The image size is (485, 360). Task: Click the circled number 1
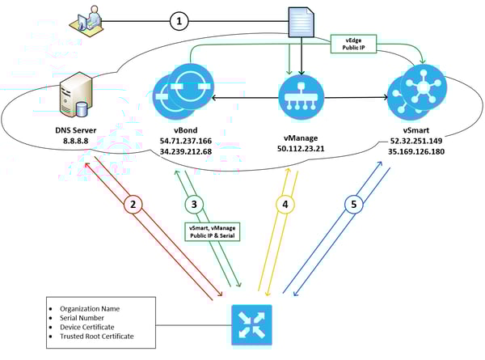pyautogui.click(x=179, y=21)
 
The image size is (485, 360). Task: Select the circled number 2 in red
pyautogui.click(x=133, y=205)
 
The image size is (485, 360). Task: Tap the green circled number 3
pyautogui.click(x=194, y=205)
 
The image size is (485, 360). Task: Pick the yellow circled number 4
pyautogui.click(x=285, y=205)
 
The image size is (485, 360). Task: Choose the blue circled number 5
pyautogui.click(x=354, y=205)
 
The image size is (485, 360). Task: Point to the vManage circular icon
pyautogui.click(x=302, y=97)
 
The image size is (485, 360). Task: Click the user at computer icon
pyautogui.click(x=86, y=22)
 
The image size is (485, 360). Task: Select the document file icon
pyautogui.click(x=302, y=23)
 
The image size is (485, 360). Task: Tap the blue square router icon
pyautogui.click(x=251, y=324)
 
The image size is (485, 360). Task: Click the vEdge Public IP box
pyautogui.click(x=353, y=44)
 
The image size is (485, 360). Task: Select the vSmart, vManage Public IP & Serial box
pyautogui.click(x=212, y=232)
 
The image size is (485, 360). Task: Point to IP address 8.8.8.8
pyautogui.click(x=76, y=141)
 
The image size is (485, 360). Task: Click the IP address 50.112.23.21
pyautogui.click(x=301, y=149)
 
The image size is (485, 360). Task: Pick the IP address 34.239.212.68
pyautogui.click(x=186, y=152)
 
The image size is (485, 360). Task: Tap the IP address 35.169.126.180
pyautogui.click(x=416, y=151)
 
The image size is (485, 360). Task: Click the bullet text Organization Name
pyautogui.click(x=90, y=308)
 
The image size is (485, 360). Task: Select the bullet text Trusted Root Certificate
pyautogui.click(x=97, y=337)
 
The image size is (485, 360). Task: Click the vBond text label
pyautogui.click(x=186, y=130)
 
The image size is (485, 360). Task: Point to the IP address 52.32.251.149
pyautogui.click(x=416, y=141)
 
